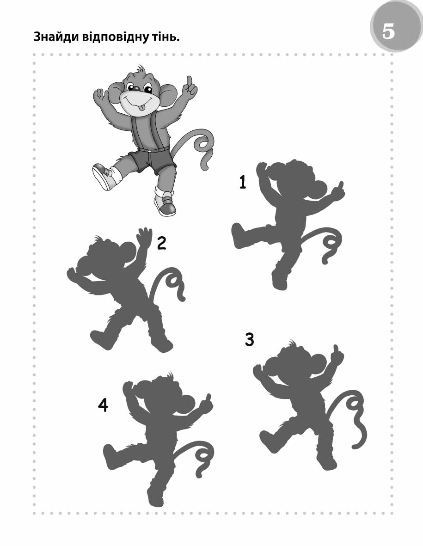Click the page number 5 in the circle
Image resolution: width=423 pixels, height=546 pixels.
[389, 31]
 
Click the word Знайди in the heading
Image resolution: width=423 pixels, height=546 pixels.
[56, 37]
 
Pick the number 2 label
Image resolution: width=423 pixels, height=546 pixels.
[161, 243]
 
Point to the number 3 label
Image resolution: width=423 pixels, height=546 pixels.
[249, 339]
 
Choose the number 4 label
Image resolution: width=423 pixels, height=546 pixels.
[103, 405]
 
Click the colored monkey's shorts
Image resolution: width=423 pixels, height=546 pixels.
[151, 160]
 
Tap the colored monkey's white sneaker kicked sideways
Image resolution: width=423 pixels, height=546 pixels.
[104, 176]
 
